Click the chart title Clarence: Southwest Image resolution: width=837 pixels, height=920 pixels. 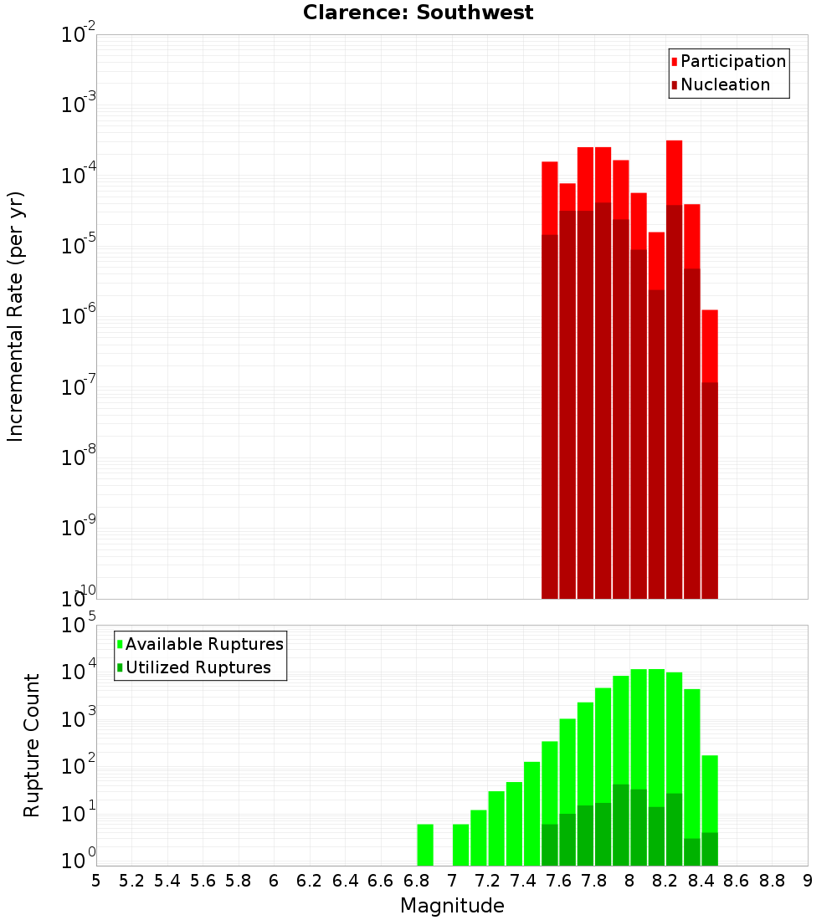click(418, 13)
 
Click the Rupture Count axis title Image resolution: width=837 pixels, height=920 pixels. click(32, 745)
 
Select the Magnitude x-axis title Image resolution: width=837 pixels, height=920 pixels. click(452, 906)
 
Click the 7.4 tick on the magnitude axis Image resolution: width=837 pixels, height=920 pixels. click(523, 881)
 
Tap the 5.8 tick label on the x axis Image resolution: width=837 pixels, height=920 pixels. click(239, 881)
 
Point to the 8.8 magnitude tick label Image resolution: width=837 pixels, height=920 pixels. click(772, 881)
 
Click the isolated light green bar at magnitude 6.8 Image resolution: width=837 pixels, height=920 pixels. click(425, 845)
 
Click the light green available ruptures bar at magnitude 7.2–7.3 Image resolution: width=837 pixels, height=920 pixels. click(496, 828)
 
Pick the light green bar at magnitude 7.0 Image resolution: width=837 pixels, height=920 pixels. click(461, 845)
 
